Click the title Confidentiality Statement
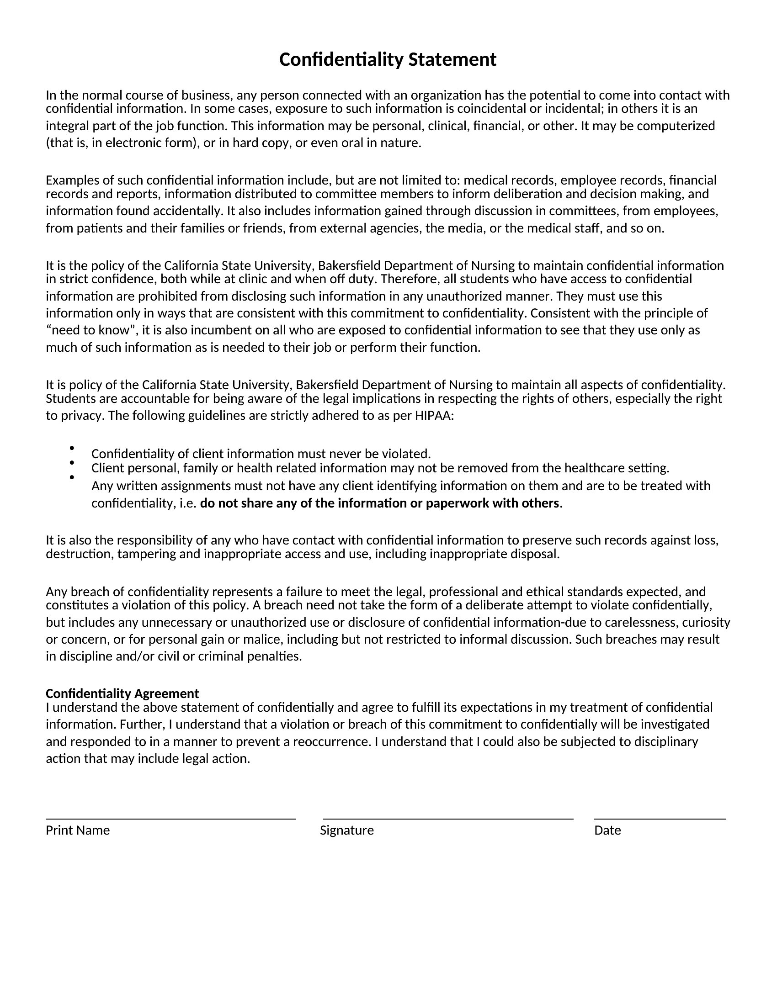(x=388, y=60)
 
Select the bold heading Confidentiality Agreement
(x=122, y=693)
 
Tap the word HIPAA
(x=434, y=416)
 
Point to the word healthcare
(x=594, y=468)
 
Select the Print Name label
(x=78, y=830)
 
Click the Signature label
(x=346, y=830)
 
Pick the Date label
(x=607, y=830)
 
